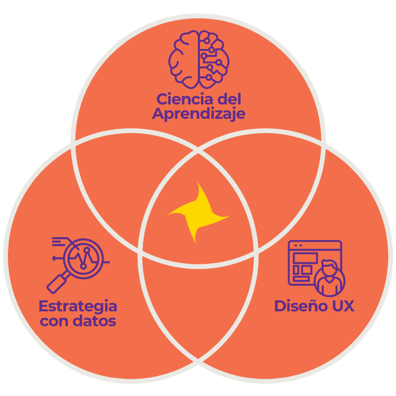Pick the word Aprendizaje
(198, 114)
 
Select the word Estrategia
(78, 305)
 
